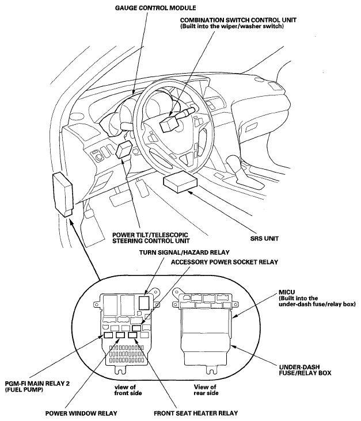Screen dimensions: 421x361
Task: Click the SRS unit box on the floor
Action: point(180,186)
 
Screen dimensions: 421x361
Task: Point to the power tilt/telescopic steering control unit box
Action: point(124,151)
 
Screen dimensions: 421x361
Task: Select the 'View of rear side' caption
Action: point(204,391)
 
